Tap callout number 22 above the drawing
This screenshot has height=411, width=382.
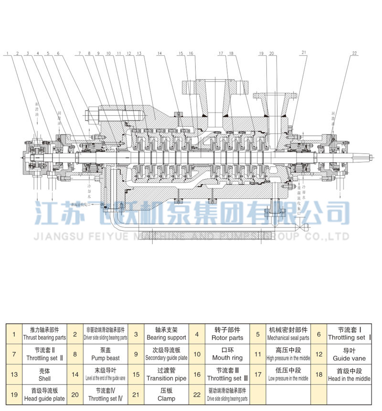[x=354, y=53]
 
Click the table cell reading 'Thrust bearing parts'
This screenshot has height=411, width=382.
[x=44, y=334]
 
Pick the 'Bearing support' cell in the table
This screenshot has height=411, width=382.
[x=166, y=334]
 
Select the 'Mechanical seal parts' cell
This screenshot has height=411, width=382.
[x=288, y=334]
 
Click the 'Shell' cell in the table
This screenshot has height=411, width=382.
[x=44, y=374]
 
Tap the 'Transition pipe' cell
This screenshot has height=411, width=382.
[x=166, y=374]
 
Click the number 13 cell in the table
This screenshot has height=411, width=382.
[x=14, y=374]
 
